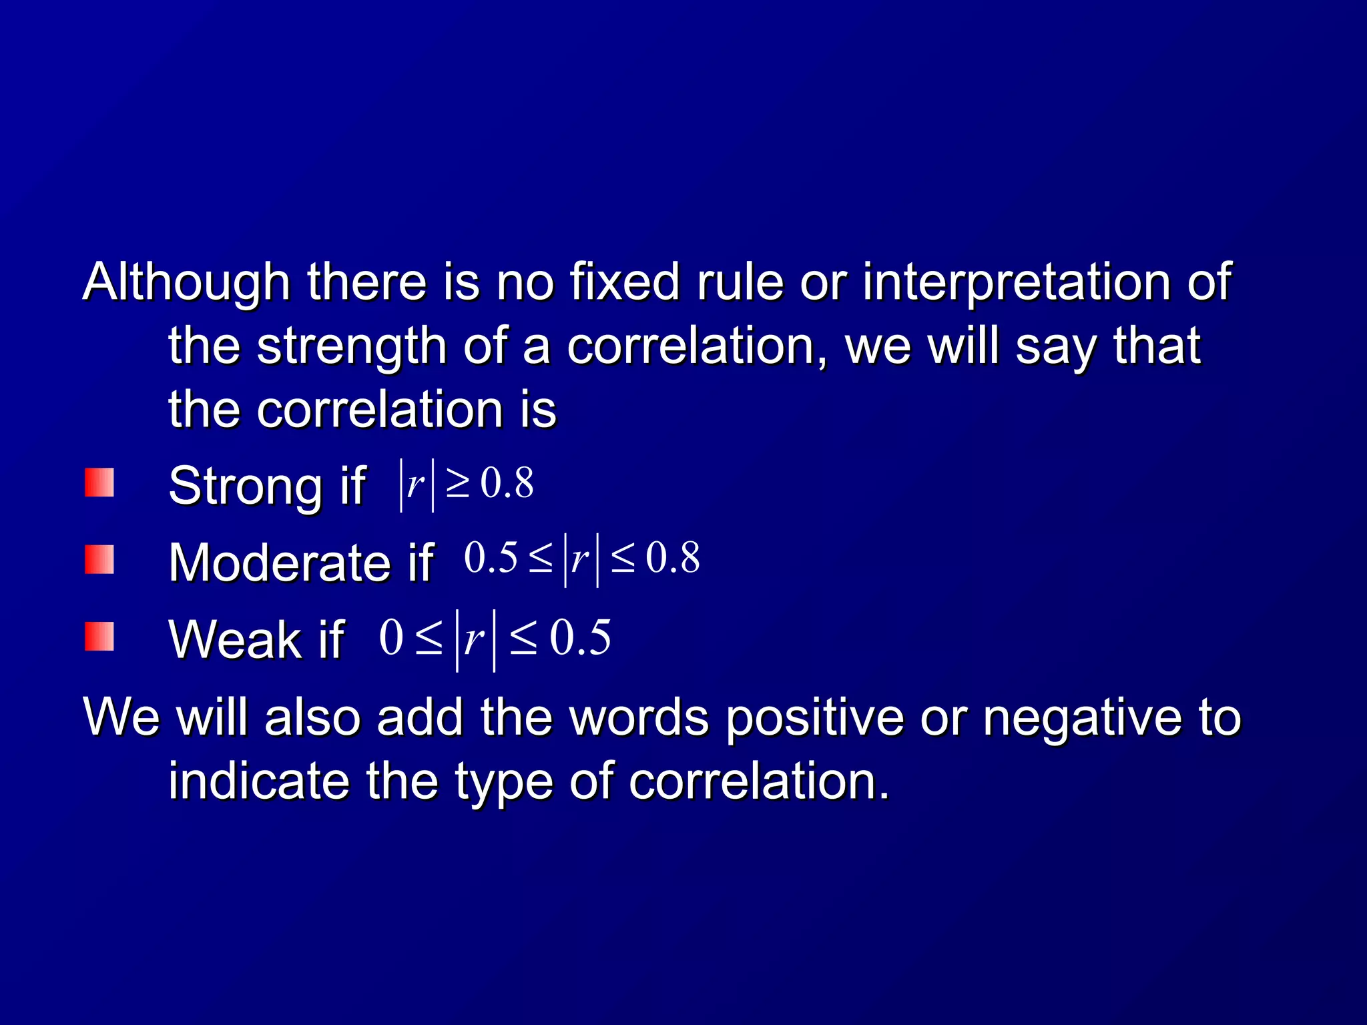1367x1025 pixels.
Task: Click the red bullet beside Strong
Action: point(99,483)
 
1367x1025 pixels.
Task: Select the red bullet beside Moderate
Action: point(99,560)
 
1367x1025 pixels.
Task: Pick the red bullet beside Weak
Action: point(99,637)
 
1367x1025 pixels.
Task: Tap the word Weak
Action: point(234,639)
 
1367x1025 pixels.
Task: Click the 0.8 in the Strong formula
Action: point(507,483)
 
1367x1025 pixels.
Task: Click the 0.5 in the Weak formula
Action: point(580,638)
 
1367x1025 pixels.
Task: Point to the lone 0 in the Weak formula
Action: point(391,638)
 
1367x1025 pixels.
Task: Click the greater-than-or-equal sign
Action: point(458,484)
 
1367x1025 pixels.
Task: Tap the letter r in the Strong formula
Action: point(415,484)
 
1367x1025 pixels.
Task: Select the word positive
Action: point(815,719)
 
